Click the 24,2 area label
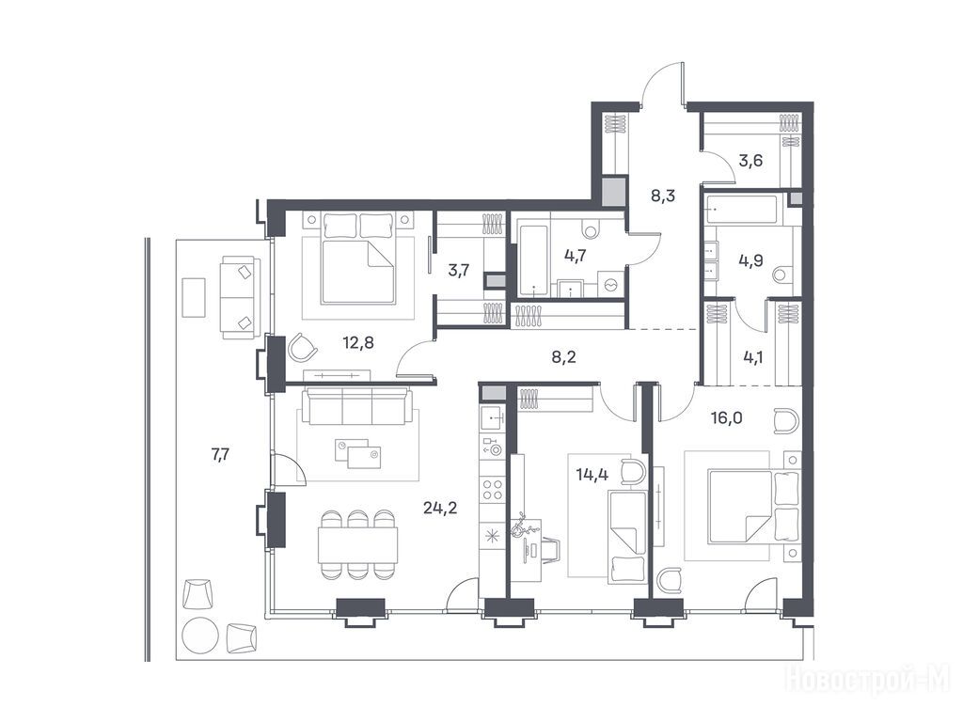(440, 509)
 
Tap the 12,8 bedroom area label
(358, 342)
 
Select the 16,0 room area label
(727, 418)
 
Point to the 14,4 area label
(593, 474)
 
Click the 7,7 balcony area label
(220, 455)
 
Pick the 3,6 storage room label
(750, 161)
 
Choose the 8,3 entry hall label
(663, 196)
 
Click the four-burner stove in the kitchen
(493, 489)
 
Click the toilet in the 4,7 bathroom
(592, 228)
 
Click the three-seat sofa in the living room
(360, 406)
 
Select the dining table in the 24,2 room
(357, 544)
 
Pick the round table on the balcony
(200, 634)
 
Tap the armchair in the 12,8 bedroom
(303, 348)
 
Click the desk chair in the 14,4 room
(548, 549)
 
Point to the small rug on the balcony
(194, 298)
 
